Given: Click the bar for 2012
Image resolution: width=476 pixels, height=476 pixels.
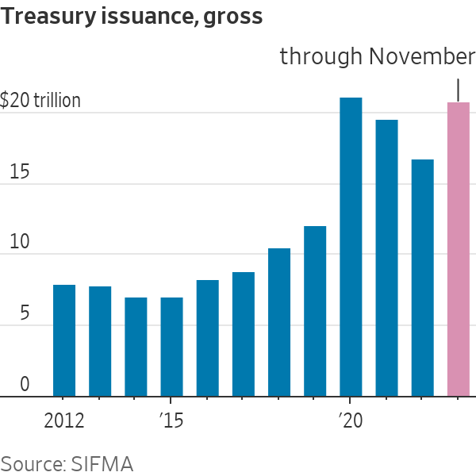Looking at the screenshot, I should pos(64,340).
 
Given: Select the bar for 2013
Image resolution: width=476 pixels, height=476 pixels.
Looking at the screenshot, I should pos(100,341).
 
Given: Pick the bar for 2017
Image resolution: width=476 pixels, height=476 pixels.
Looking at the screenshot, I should pos(244,334).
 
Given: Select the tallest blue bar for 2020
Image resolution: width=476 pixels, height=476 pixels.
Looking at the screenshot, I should pos(351,247).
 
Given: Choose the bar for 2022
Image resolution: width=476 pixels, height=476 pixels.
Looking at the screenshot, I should pos(423,278).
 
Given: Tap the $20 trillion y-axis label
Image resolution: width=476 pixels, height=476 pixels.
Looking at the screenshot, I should pos(40,101).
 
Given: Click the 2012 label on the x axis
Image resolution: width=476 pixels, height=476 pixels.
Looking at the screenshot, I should pos(64,420).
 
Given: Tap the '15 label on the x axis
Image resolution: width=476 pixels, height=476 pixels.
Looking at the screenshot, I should pos(171,420).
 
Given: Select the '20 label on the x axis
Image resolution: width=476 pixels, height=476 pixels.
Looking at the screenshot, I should pos(350,420).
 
